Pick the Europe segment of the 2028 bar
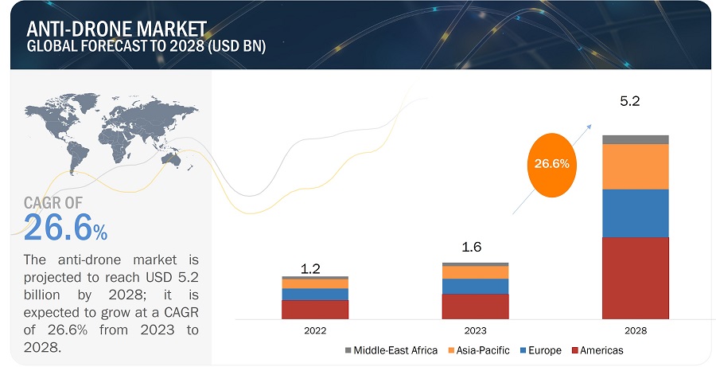635,213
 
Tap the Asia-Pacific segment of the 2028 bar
635,166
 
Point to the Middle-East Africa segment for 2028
635,139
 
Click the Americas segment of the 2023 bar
475,306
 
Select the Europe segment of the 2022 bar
315,294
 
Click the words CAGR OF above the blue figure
53,204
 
